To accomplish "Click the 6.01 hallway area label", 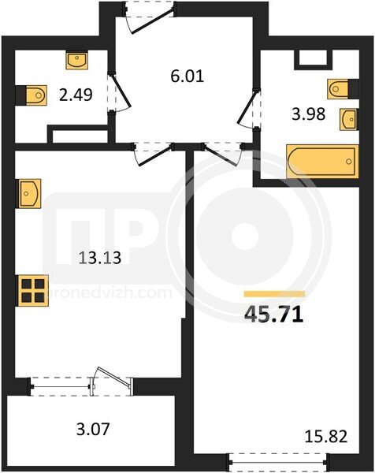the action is click(187, 76).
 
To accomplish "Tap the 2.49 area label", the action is click(76, 95).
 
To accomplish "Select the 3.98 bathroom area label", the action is click(309, 114).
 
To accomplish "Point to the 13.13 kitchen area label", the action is click(100, 258).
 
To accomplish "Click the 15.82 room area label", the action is click(326, 437).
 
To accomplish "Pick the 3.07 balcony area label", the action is click(93, 430).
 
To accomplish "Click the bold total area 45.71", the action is click(273, 314).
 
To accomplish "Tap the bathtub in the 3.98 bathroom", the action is click(322, 162).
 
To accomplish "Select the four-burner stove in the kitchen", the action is click(33, 291).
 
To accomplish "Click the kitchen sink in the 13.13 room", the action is click(29, 193).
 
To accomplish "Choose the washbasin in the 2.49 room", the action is click(76, 61).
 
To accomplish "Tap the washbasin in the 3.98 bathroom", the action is click(348, 120).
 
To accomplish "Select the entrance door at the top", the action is click(150, 17).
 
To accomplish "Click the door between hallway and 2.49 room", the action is click(120, 92).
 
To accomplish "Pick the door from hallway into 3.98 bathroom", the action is click(249, 108).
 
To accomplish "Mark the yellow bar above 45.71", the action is click(274, 293).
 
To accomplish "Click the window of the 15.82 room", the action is click(277, 461).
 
